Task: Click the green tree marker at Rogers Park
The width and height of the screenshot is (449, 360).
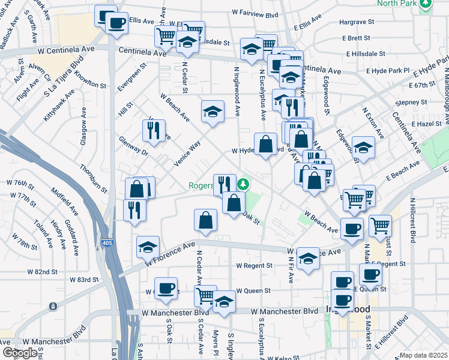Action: (243, 184)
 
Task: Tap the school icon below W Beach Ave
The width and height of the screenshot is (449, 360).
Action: (212, 111)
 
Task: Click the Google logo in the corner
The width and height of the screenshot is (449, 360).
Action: (19, 352)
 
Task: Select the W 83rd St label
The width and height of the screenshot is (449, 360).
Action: (84, 280)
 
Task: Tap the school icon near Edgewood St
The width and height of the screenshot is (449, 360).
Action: (363, 147)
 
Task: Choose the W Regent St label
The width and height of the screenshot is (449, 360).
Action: (254, 265)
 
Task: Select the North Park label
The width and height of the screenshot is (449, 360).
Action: (397, 3)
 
